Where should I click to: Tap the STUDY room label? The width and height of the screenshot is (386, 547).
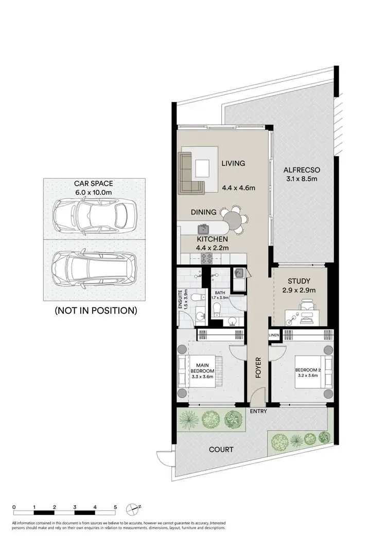pos(299,281)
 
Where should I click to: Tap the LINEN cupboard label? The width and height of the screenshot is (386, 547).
pos(273,335)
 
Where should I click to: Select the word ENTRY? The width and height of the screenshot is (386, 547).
pos(258,411)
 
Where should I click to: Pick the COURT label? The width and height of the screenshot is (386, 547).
pos(221,449)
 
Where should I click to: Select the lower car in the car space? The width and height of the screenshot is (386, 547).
pos(94,267)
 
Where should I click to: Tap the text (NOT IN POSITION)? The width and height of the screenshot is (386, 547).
pos(96,310)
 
